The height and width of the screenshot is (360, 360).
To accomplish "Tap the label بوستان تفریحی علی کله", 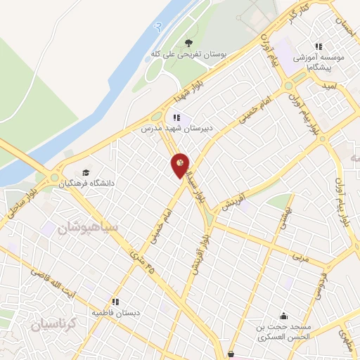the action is click(x=182, y=53).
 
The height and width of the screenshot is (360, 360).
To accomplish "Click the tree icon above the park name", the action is click(x=187, y=41).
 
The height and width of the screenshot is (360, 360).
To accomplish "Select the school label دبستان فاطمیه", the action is click(x=117, y=311).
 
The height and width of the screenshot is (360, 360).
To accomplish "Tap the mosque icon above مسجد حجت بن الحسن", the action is click(x=283, y=316).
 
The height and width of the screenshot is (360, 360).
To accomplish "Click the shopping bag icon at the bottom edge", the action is click(x=233, y=354).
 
